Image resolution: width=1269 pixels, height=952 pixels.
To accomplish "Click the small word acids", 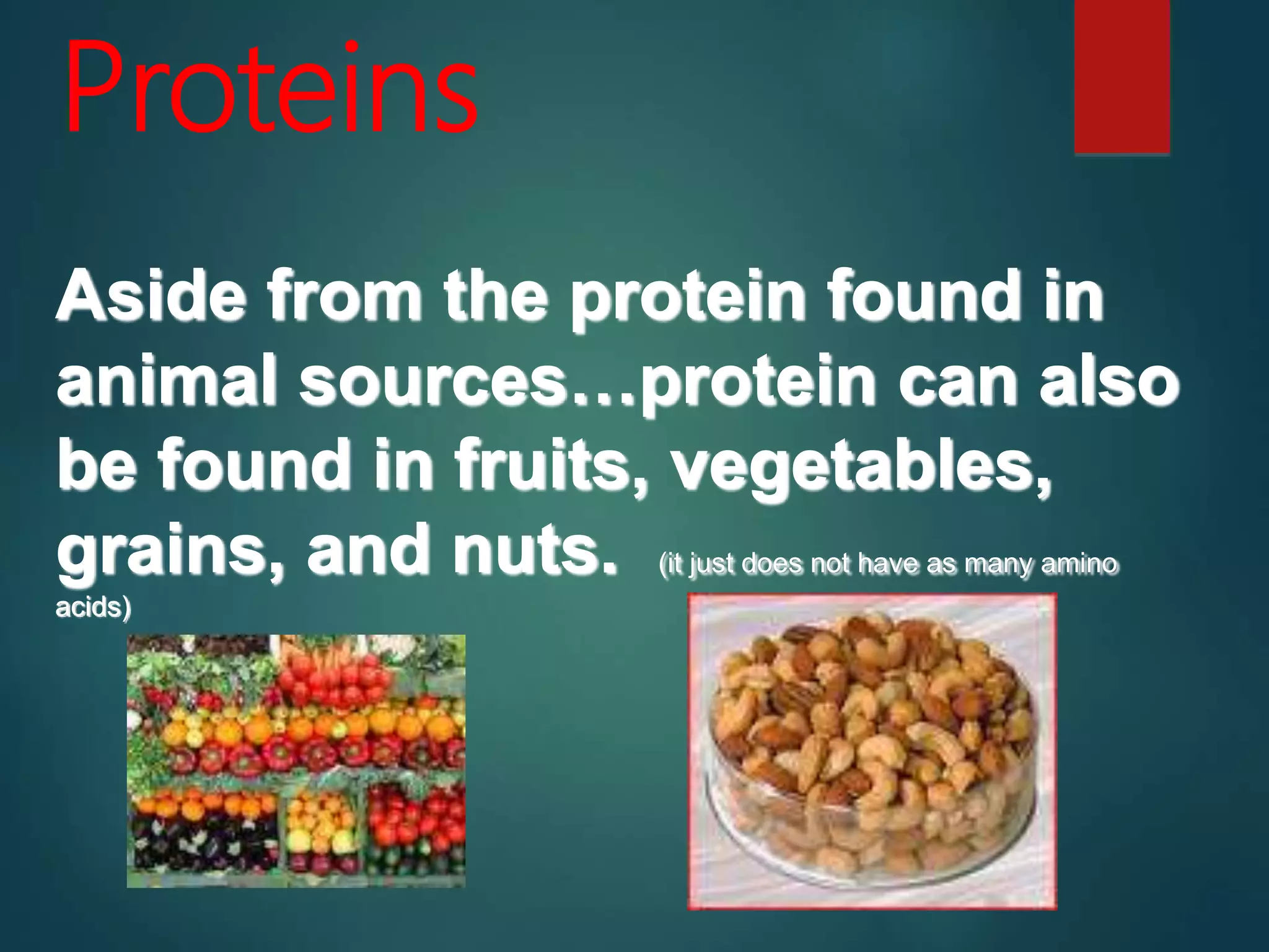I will pyautogui.click(x=93, y=607).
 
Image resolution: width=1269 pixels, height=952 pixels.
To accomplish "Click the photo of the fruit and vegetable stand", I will pyautogui.click(x=296, y=761).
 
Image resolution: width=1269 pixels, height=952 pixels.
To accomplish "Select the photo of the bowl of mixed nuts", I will pyautogui.click(x=872, y=751).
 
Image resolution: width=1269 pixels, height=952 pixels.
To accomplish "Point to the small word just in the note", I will pyautogui.click(x=713, y=565).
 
